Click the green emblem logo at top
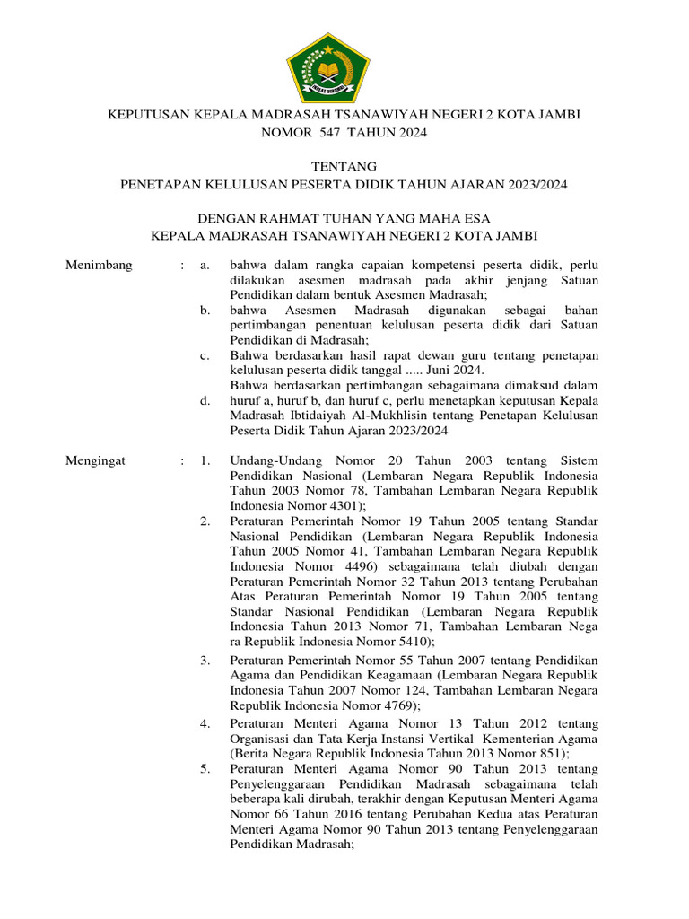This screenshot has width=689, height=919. click(x=327, y=67)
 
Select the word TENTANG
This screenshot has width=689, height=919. click(x=344, y=166)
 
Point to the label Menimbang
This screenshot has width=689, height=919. click(x=100, y=265)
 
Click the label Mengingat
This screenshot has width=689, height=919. click(x=97, y=460)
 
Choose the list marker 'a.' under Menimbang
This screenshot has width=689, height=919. click(x=205, y=265)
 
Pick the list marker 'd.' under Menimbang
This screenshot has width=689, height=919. click(x=205, y=400)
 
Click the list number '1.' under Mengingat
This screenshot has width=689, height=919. click(x=205, y=460)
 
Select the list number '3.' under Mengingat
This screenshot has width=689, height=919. click(x=205, y=660)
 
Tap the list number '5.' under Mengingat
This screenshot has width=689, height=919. click(x=205, y=769)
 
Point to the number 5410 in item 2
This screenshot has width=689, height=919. click(x=406, y=642)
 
